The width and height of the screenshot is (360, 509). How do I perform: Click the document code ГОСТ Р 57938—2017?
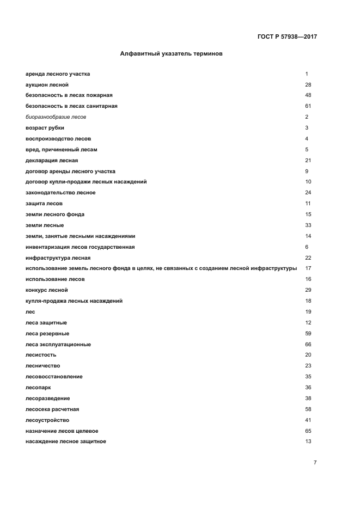coord(287,37)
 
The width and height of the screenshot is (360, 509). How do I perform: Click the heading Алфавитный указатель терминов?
coord(171,54)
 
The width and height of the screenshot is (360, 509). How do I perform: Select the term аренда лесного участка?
coord(58,73)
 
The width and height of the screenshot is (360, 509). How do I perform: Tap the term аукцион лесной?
coord(47,84)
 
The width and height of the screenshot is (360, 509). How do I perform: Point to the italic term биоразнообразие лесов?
coord(56,117)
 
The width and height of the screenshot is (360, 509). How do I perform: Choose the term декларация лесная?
coord(52,161)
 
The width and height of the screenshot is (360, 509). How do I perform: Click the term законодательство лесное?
coord(60,193)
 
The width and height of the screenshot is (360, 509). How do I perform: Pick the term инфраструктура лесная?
coord(58,257)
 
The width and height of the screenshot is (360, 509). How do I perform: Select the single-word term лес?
coord(30,311)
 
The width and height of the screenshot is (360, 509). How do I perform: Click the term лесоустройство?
coord(47,420)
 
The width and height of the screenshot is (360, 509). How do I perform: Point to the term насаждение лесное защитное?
coord(65,441)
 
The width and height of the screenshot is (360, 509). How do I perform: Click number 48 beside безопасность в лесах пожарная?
coord(308,95)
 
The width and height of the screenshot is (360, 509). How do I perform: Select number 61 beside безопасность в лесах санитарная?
coord(308,106)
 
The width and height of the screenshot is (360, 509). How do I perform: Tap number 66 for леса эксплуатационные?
coord(308,344)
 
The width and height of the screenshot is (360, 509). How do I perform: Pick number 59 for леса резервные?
coord(308,333)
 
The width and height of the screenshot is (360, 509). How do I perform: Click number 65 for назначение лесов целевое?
coord(308,431)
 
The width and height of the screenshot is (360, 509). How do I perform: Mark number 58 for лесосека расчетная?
coord(308,409)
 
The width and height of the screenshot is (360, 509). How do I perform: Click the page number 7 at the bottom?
coord(315,462)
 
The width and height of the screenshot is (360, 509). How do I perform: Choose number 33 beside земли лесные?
coord(308,225)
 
